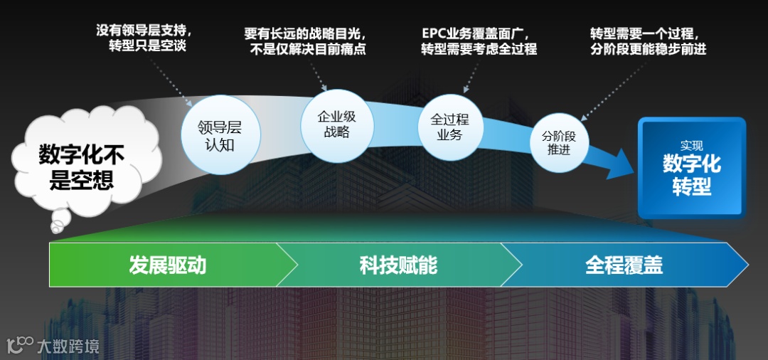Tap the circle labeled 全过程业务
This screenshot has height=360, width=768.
click(449, 127)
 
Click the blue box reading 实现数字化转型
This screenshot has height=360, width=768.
click(691, 168)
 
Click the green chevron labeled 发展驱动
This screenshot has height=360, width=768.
click(168, 265)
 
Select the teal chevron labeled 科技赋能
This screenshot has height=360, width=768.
click(398, 265)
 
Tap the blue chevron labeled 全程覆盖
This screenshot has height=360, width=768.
click(624, 265)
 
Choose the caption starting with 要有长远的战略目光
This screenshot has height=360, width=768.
click(305, 41)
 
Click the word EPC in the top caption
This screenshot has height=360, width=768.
click(433, 33)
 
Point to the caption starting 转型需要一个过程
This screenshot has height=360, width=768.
click(649, 41)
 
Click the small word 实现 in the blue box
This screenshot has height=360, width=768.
click(691, 144)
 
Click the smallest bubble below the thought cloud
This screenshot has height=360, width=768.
click(56, 228)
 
